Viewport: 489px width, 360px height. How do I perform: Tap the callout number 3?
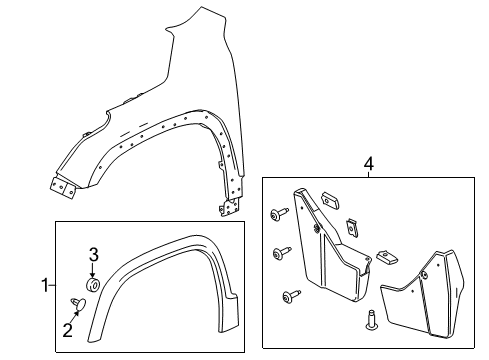point(93,252)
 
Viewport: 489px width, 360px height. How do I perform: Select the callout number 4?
point(369,163)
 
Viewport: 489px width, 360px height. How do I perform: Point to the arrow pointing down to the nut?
point(93,269)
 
